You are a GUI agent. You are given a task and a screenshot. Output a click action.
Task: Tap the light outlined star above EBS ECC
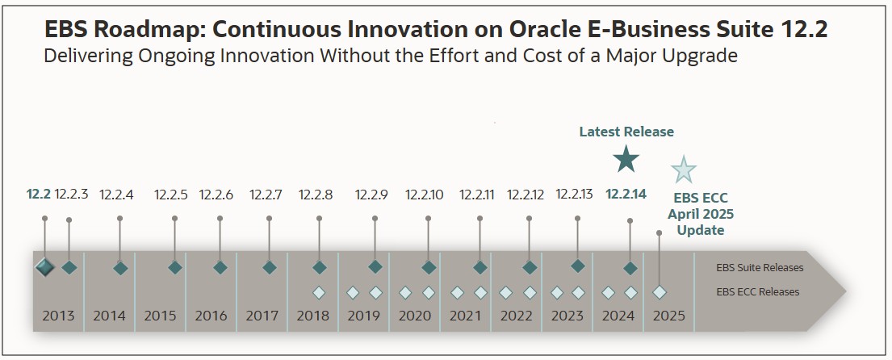684,170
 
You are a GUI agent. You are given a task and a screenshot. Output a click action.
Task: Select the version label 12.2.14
626,194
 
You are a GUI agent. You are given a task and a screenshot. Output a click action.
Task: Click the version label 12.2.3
71,195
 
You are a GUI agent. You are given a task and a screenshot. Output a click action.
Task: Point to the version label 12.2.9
371,195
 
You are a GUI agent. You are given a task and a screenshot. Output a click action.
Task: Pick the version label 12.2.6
216,195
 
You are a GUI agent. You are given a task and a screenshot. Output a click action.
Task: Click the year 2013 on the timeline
58,316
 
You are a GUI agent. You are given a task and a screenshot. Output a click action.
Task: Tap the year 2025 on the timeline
668,316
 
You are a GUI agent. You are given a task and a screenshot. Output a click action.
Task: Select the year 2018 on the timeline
312,316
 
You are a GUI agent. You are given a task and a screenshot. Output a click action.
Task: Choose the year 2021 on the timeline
465,316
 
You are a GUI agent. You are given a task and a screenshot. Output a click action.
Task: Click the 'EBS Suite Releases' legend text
760,267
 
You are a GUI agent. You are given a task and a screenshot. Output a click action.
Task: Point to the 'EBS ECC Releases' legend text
757,291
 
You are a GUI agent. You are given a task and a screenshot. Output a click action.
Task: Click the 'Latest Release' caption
626,132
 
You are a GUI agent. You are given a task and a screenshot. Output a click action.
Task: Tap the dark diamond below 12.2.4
120,268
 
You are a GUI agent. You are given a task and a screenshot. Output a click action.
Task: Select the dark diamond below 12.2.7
270,267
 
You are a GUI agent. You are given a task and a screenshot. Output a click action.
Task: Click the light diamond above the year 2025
660,292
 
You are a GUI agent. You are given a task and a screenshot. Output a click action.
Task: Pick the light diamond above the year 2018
319,292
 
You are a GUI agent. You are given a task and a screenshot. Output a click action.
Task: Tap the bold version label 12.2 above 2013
38,195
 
